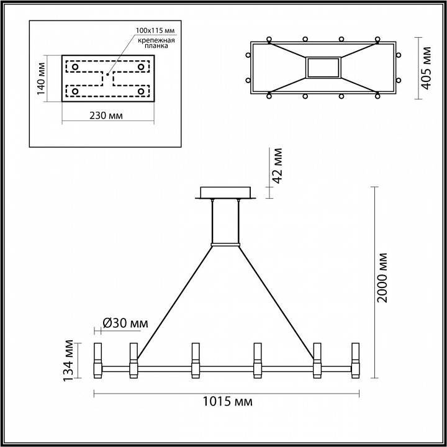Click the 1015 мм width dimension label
(x=227, y=402)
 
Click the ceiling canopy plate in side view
(x=225, y=192)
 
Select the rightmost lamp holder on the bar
(x=356, y=359)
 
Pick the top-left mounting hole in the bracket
(x=75, y=65)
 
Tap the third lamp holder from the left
(x=195, y=359)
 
